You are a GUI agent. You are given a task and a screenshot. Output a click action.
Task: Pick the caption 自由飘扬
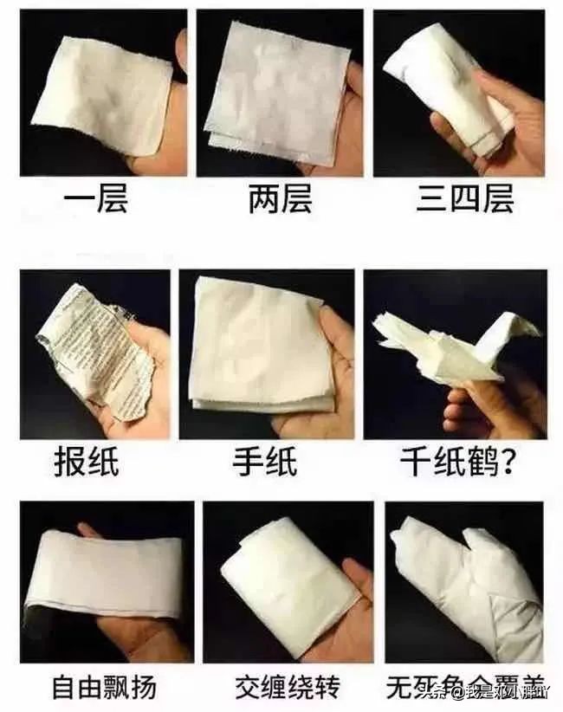point(104,688)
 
